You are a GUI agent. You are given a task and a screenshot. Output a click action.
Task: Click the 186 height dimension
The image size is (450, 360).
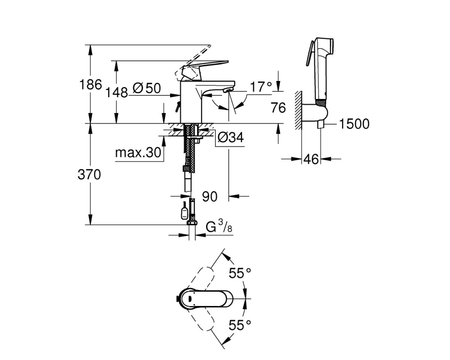pyautogui.click(x=90, y=85)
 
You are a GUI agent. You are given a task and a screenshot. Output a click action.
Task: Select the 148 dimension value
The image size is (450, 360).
pyautogui.click(x=117, y=93)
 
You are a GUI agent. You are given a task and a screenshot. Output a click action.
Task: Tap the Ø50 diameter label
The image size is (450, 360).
pyautogui.click(x=147, y=88)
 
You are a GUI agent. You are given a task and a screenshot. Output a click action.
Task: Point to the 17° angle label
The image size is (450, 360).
pyautogui.click(x=261, y=87)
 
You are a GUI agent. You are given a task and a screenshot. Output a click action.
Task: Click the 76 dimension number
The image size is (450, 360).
pyautogui.click(x=278, y=108)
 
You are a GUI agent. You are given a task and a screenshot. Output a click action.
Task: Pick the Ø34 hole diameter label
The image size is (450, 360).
pyautogui.click(x=231, y=137)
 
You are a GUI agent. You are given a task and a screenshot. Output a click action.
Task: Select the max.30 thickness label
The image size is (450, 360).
pyautogui.click(x=138, y=153)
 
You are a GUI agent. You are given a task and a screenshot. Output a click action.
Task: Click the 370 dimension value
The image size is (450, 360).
pyautogui.click(x=89, y=174)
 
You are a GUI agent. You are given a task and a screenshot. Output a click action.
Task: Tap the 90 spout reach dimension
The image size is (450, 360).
pyautogui.click(x=210, y=197)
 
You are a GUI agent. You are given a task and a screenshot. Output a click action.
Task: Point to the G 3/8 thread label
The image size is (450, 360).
pyautogui.click(x=219, y=226)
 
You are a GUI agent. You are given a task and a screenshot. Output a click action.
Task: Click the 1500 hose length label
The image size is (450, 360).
pyautogui.click(x=354, y=124)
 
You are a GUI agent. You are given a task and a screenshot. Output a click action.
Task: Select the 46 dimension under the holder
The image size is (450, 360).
pyautogui.click(x=311, y=159)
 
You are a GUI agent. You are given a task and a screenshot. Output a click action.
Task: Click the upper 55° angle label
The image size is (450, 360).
pyautogui.click(x=240, y=273)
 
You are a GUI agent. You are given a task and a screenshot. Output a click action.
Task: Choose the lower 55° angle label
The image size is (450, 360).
pyautogui.click(x=240, y=325)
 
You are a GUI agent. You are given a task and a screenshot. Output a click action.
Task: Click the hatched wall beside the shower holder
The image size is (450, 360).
pyautogui.click(x=298, y=111)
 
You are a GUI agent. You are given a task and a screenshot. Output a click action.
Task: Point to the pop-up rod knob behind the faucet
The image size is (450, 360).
pyautogui.click(x=177, y=108)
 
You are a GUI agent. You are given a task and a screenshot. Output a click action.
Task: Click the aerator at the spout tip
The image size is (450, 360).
pyautogui.click(x=227, y=90)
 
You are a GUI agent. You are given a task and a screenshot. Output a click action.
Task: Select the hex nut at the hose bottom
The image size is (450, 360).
pyautogui.click(x=192, y=223)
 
